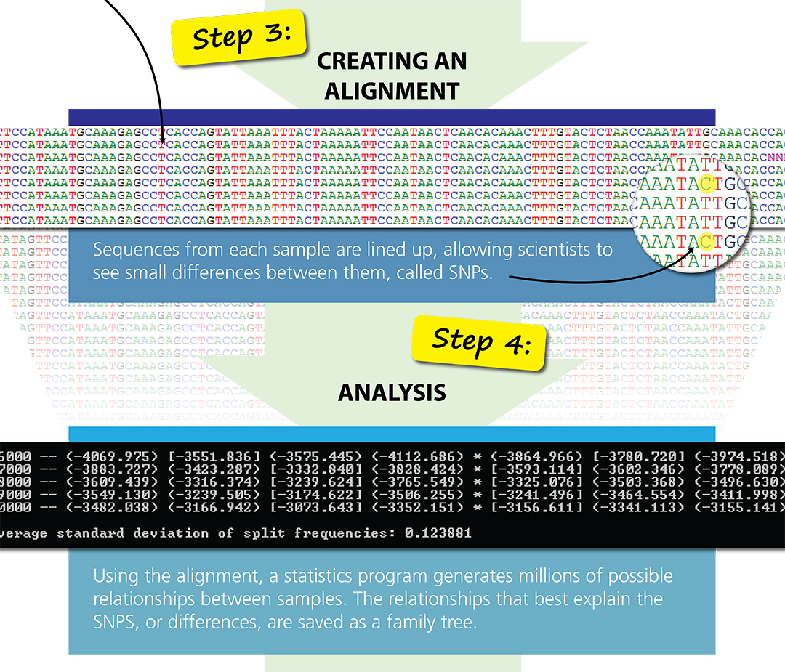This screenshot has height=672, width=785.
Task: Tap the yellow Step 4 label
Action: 479,340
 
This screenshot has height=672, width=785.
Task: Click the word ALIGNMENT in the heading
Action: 392,91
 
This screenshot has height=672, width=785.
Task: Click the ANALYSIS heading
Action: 392,393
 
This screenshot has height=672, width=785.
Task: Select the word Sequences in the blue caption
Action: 130,250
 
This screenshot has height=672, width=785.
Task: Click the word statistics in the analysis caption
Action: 320,577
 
